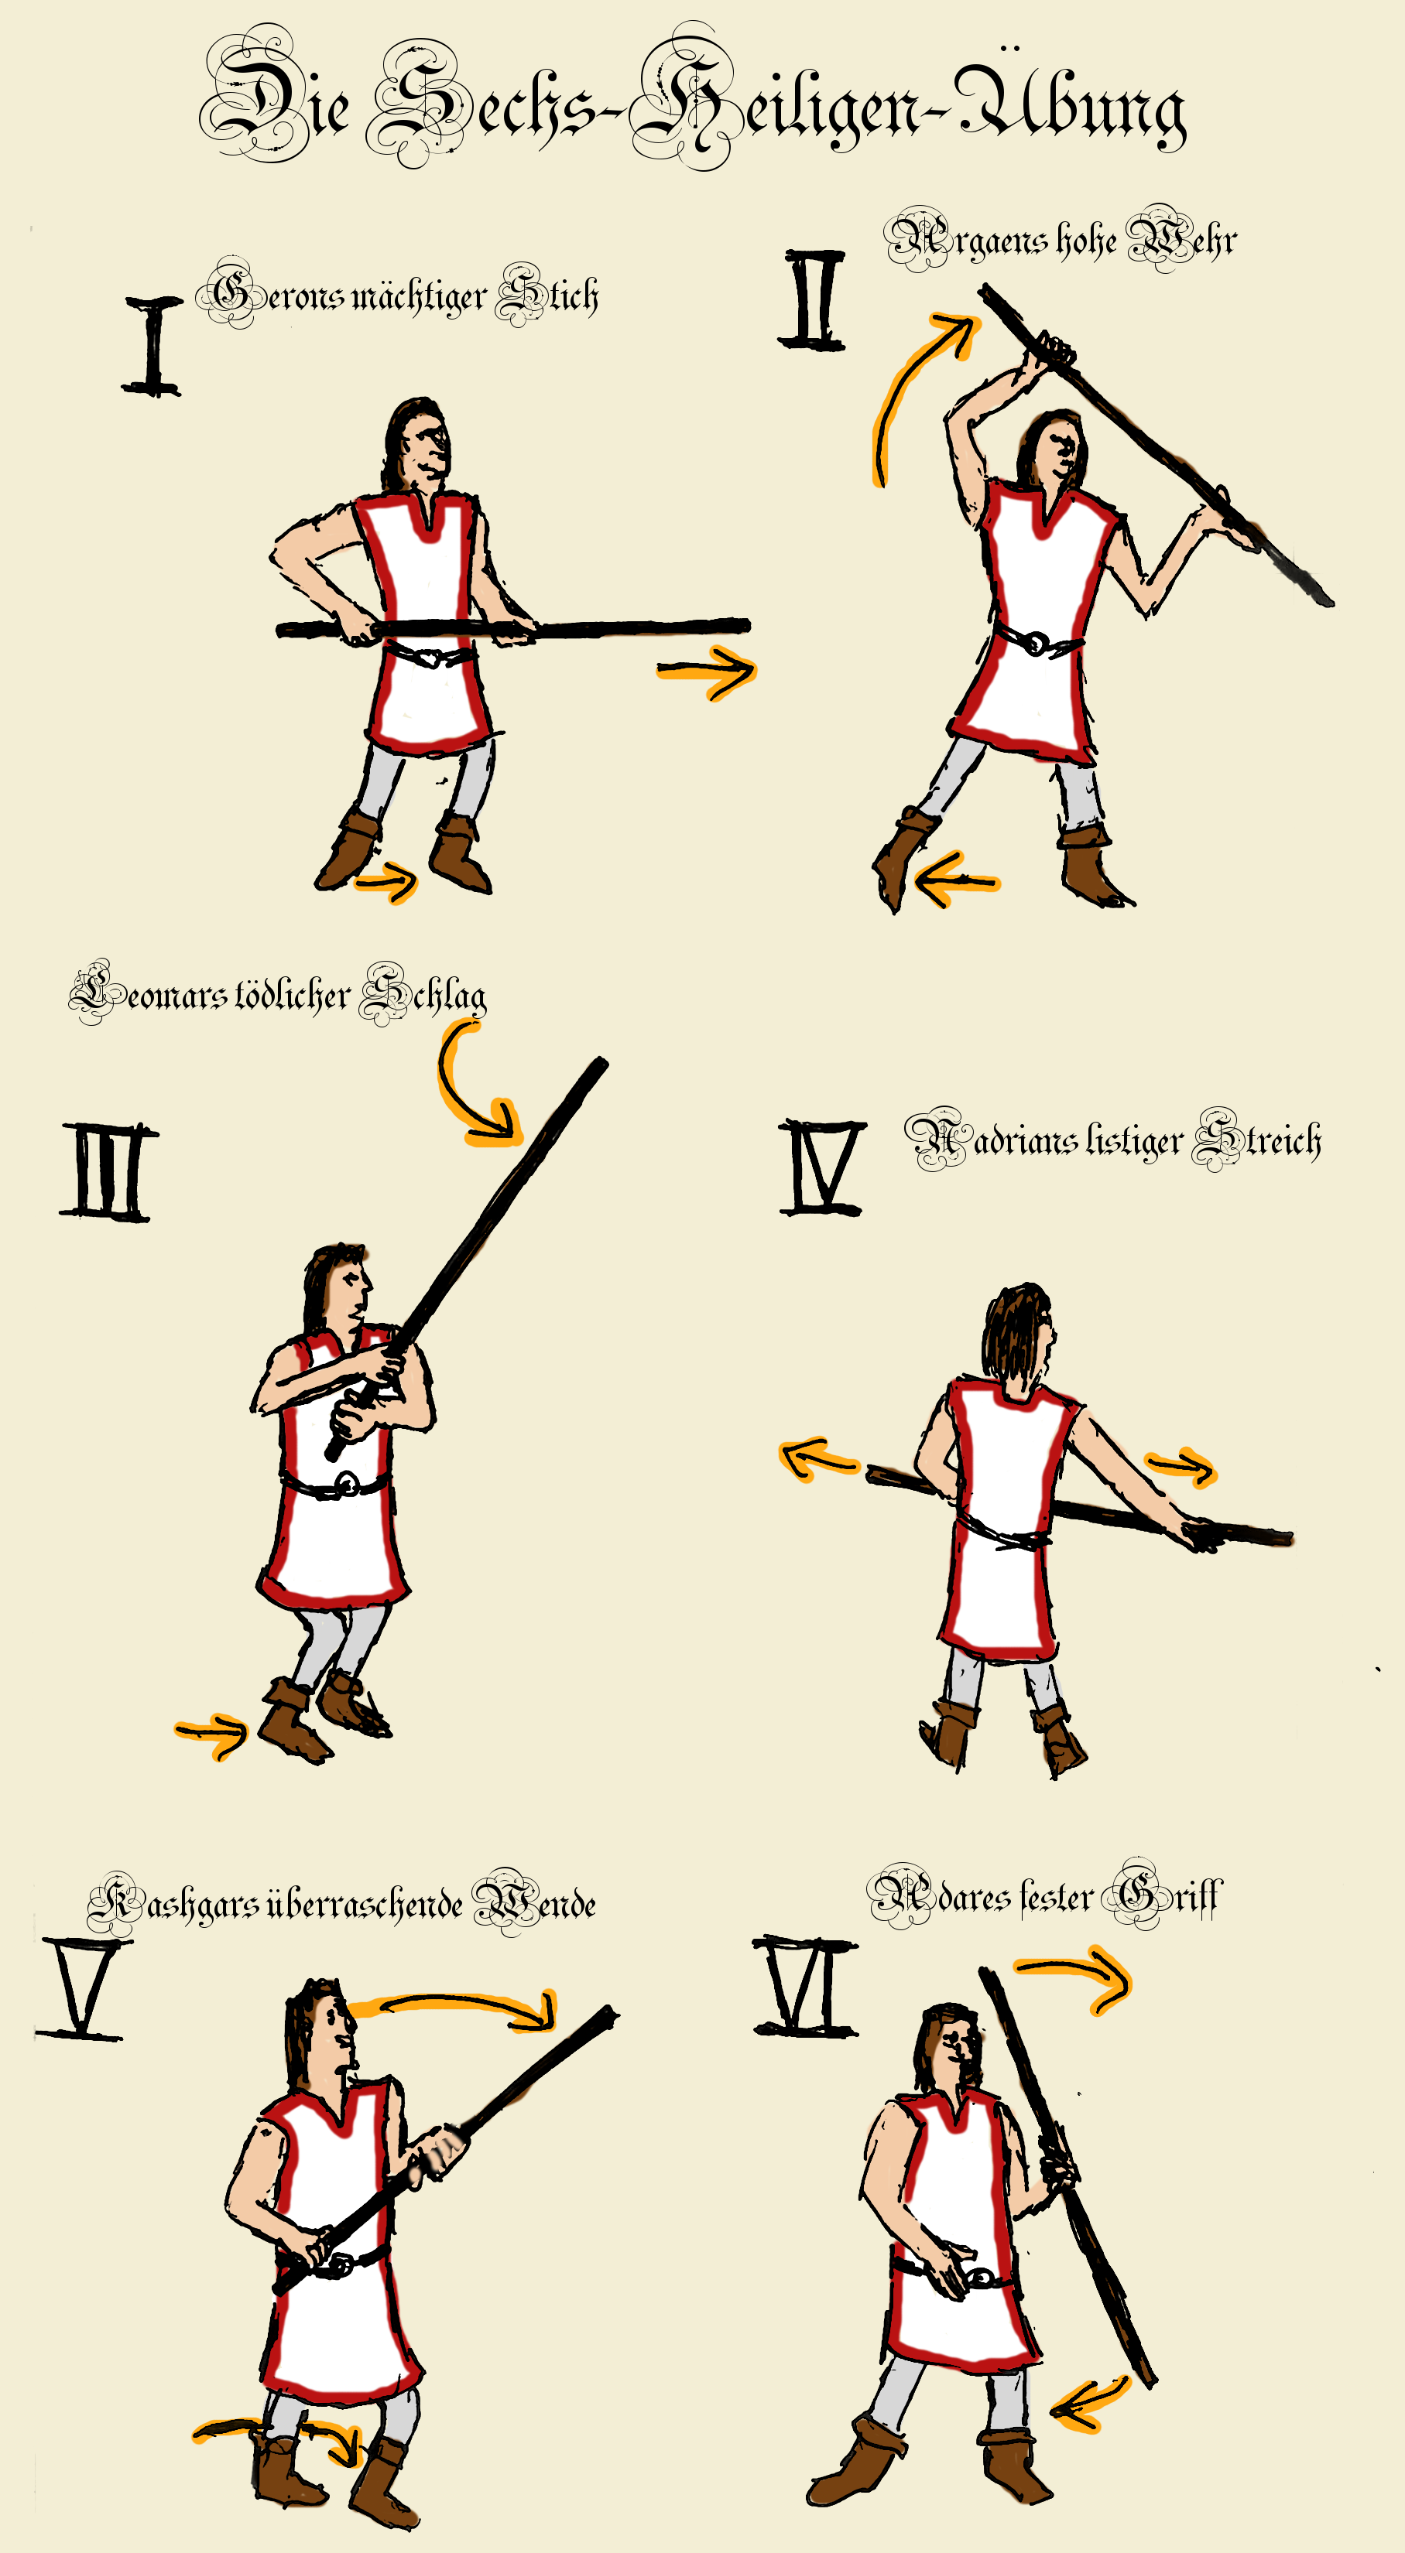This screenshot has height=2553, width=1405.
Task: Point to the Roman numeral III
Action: pos(107,1171)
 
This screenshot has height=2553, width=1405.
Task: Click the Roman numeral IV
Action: pos(822,1167)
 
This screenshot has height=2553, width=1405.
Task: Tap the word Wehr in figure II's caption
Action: pos(1182,239)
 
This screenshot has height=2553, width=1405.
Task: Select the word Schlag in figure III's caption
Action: pos(423,994)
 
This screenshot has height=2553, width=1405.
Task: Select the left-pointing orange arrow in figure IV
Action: pos(818,1459)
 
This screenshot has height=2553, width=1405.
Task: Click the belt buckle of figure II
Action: pos(1034,644)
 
